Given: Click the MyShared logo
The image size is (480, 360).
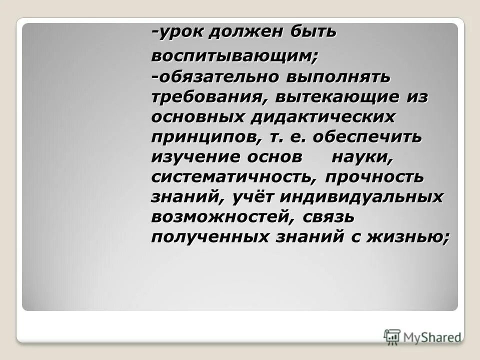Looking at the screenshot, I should (x=423, y=337).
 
